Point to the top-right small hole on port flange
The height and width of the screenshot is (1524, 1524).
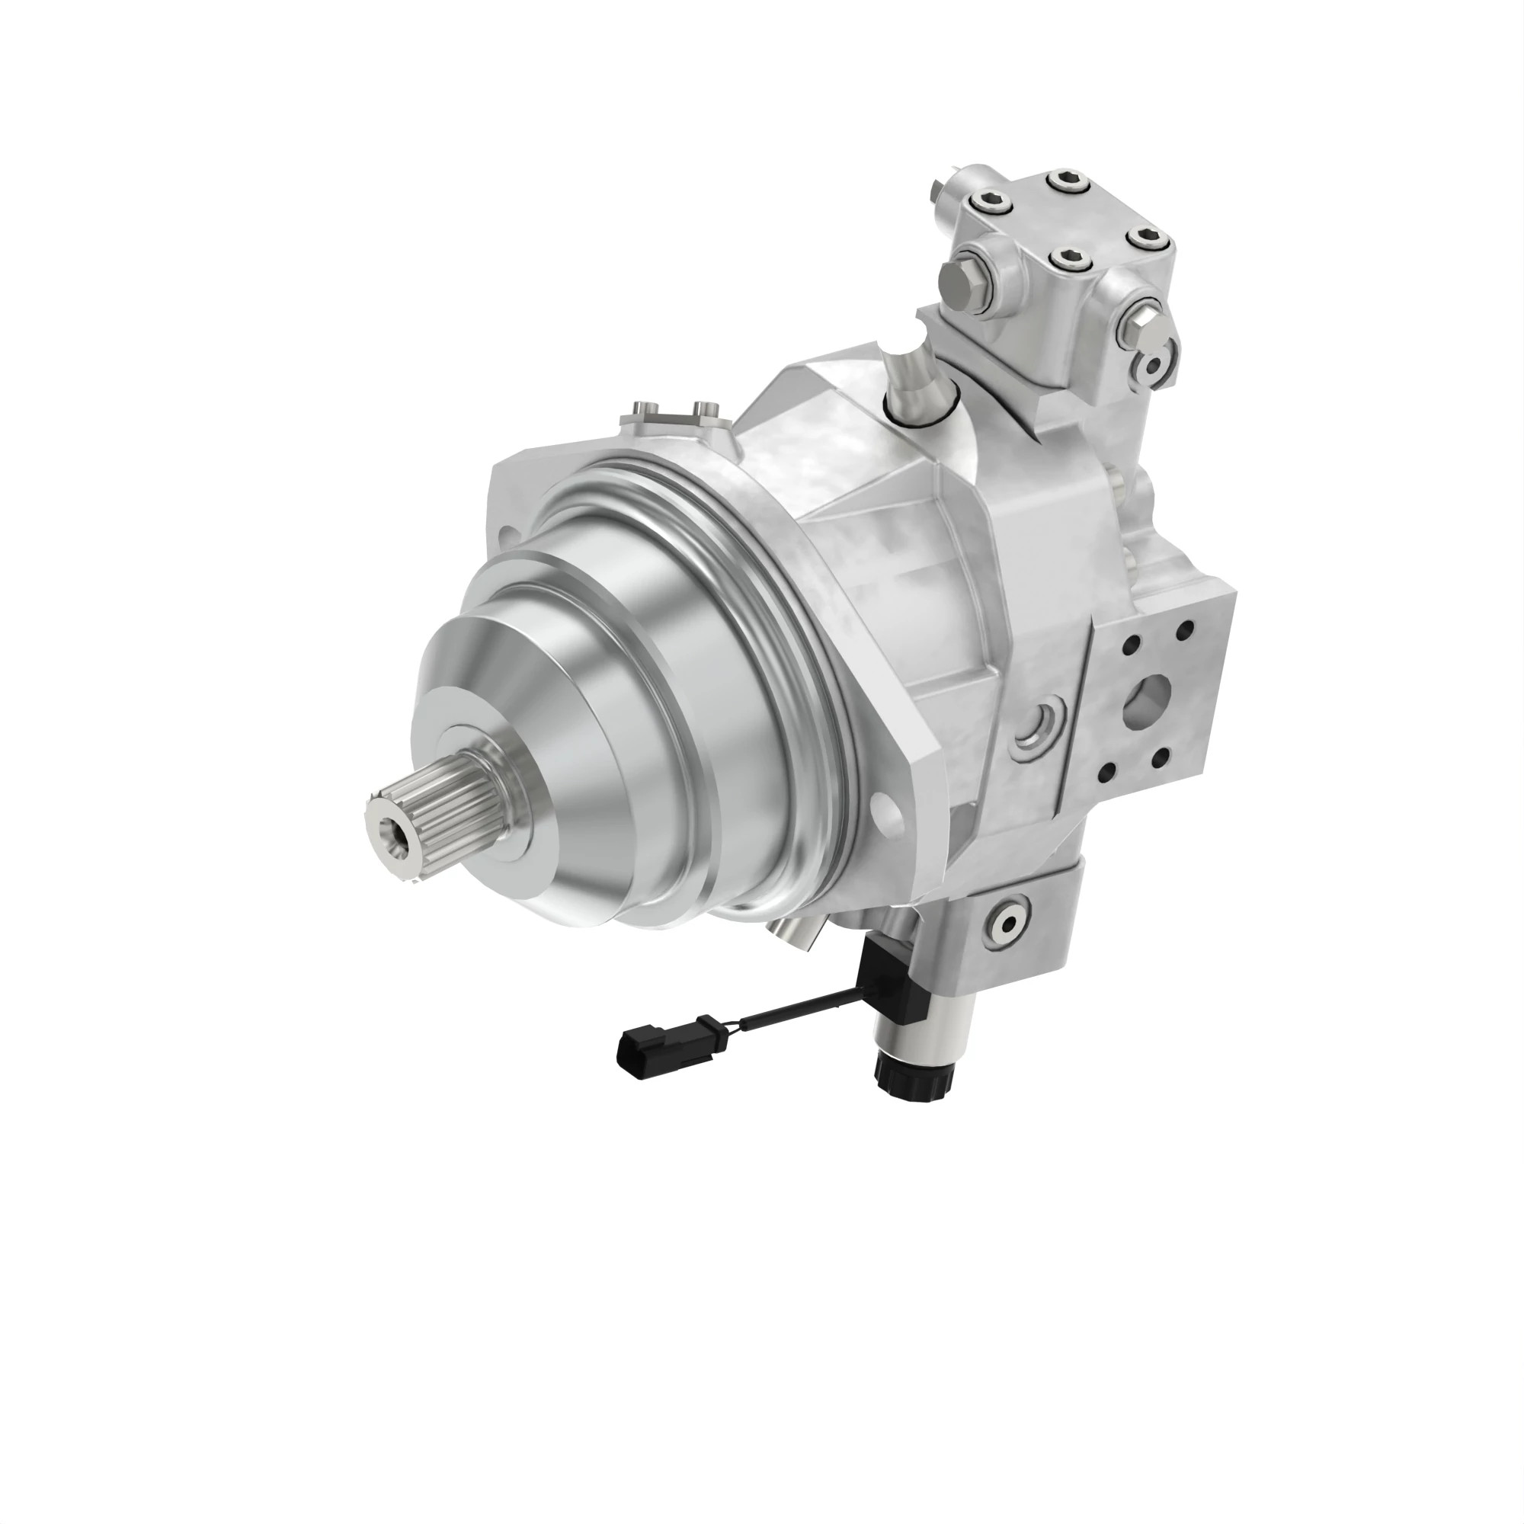[x=1184, y=630]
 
